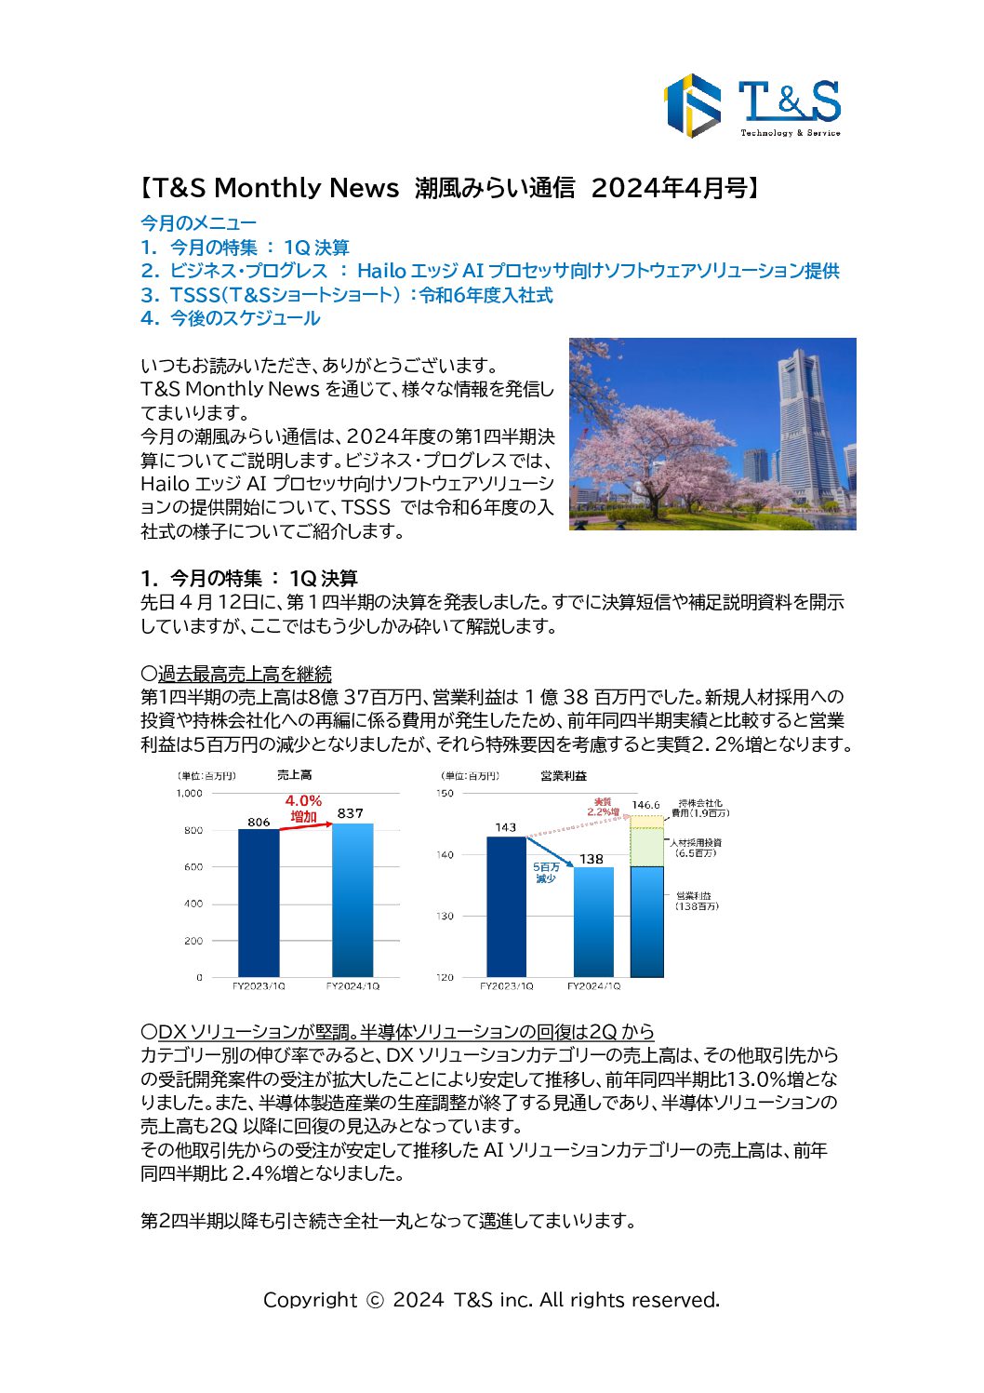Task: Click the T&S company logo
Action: tap(751, 105)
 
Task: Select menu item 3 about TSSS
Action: tap(347, 295)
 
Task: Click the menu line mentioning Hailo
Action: tap(490, 271)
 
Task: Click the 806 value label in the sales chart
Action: tap(259, 822)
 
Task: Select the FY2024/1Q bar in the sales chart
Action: tap(352, 899)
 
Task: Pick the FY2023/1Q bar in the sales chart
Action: tap(259, 903)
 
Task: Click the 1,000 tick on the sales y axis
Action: tap(189, 793)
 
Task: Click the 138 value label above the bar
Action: tap(592, 859)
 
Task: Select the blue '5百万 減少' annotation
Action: tap(546, 872)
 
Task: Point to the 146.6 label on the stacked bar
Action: tap(645, 805)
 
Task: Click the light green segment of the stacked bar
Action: tap(646, 847)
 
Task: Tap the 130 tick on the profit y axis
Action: tap(445, 916)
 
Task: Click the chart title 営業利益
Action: tap(564, 775)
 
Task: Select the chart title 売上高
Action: tap(294, 774)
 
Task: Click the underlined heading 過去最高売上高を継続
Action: tap(245, 674)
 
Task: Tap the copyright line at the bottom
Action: tap(491, 1299)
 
